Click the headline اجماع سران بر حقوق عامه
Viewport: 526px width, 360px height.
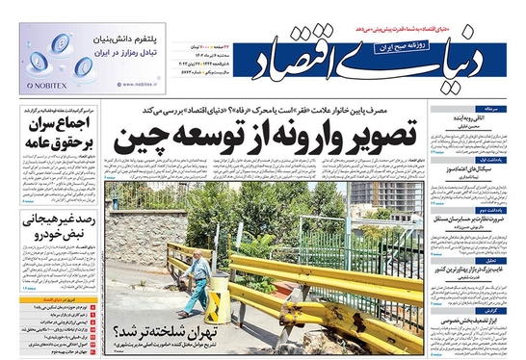pos(57,135)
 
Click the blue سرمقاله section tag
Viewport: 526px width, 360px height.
pos(494,110)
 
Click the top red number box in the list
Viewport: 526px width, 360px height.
pos(92,307)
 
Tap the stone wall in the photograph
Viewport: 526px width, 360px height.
pos(145,231)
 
